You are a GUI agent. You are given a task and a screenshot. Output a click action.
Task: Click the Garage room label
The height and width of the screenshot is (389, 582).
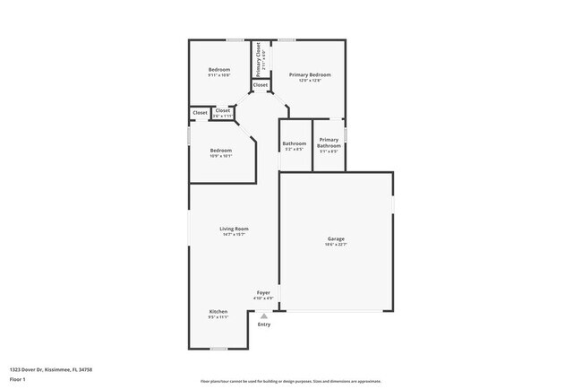pos(336,238)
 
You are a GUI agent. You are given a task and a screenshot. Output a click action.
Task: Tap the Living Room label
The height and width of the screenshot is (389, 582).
pos(235,229)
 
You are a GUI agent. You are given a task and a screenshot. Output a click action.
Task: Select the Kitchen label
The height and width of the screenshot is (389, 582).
pos(218,312)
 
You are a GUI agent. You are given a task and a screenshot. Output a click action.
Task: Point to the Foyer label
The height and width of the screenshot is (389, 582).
pos(263,293)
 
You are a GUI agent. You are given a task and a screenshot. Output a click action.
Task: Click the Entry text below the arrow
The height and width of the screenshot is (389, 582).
pos(263,324)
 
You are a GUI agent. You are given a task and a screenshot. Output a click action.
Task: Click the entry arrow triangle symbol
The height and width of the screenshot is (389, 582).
pos(263,316)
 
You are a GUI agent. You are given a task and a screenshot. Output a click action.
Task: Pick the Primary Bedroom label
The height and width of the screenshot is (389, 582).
pos(309,74)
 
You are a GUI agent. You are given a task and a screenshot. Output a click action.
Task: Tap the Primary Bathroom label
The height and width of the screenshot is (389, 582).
pos(329,143)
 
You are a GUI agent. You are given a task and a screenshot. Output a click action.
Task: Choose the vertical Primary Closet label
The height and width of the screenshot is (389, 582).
pos(259,57)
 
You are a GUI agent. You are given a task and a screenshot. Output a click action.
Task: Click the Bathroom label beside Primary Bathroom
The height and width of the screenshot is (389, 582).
pos(295,143)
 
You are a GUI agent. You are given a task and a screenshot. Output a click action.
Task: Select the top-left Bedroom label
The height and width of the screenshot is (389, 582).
pos(219,70)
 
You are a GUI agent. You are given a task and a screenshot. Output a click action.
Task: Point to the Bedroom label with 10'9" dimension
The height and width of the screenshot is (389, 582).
pos(221,150)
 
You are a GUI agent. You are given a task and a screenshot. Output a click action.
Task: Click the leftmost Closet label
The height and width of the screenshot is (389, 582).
pos(201,114)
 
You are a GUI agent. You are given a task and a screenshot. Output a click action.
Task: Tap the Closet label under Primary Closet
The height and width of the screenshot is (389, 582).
pos(260,85)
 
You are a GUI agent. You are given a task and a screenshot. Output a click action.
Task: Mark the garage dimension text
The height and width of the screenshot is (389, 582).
pos(336,245)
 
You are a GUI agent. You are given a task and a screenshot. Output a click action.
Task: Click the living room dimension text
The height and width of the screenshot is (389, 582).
pos(235,235)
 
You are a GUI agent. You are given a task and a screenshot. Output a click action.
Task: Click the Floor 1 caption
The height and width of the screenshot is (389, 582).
pos(17,379)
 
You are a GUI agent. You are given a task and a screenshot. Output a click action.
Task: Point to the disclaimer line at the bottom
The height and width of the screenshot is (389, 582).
pos(290,381)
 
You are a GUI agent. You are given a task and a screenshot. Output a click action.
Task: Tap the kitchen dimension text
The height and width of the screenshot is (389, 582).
pos(218,317)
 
